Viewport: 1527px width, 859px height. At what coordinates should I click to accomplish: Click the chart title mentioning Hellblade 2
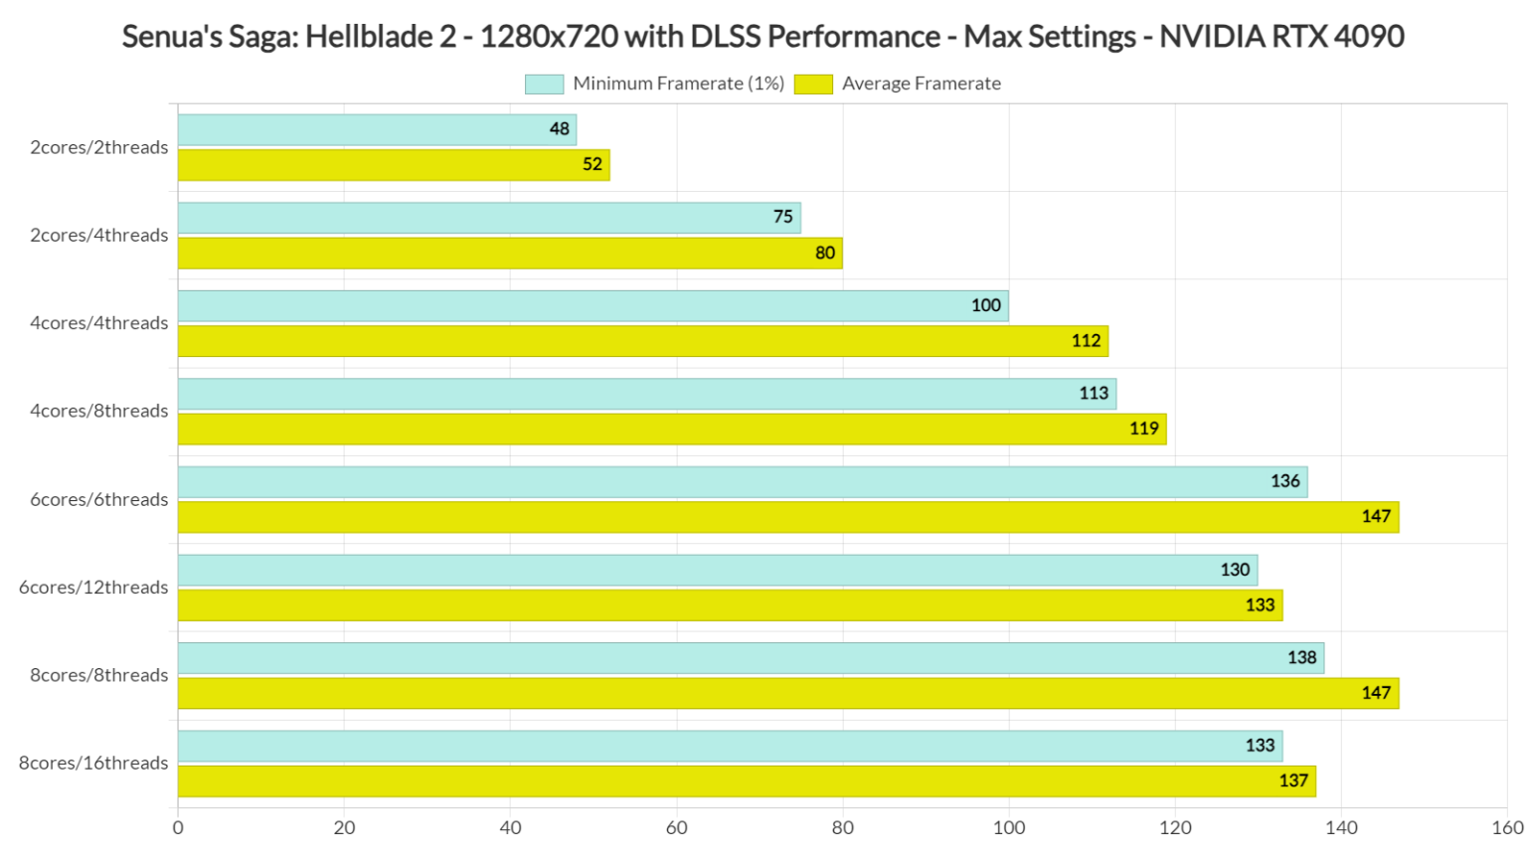(763, 37)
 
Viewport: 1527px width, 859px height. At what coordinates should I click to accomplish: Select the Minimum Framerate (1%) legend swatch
(544, 84)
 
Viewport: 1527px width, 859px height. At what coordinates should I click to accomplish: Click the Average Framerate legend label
(921, 84)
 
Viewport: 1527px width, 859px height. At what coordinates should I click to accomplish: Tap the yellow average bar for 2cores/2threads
(393, 165)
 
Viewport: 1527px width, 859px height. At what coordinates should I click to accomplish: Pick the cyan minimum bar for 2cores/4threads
(488, 218)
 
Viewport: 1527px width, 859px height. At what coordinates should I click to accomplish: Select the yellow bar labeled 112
(642, 341)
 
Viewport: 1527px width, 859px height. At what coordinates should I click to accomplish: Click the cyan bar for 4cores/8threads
(646, 394)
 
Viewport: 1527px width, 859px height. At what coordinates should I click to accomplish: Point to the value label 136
(1284, 481)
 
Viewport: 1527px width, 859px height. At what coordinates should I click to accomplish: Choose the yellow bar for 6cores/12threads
(730, 605)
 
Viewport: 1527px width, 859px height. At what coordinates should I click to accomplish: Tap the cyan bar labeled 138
(751, 658)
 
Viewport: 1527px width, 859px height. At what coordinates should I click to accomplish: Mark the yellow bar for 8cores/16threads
(746, 781)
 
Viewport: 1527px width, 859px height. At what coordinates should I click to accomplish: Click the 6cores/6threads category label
(98, 499)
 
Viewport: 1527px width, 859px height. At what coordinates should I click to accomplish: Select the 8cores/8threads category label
(98, 675)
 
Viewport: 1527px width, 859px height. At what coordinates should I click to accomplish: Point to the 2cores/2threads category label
(98, 147)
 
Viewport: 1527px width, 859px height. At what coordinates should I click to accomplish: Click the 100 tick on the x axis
(1009, 827)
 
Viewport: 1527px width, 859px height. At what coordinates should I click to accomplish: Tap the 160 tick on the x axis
(1507, 827)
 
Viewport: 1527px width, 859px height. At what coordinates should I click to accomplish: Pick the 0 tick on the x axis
(178, 827)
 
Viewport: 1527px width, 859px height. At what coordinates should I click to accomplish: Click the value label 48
(560, 129)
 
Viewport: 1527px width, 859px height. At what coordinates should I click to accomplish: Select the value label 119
(1143, 429)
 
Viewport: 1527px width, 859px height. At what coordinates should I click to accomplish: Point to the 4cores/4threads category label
(98, 323)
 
